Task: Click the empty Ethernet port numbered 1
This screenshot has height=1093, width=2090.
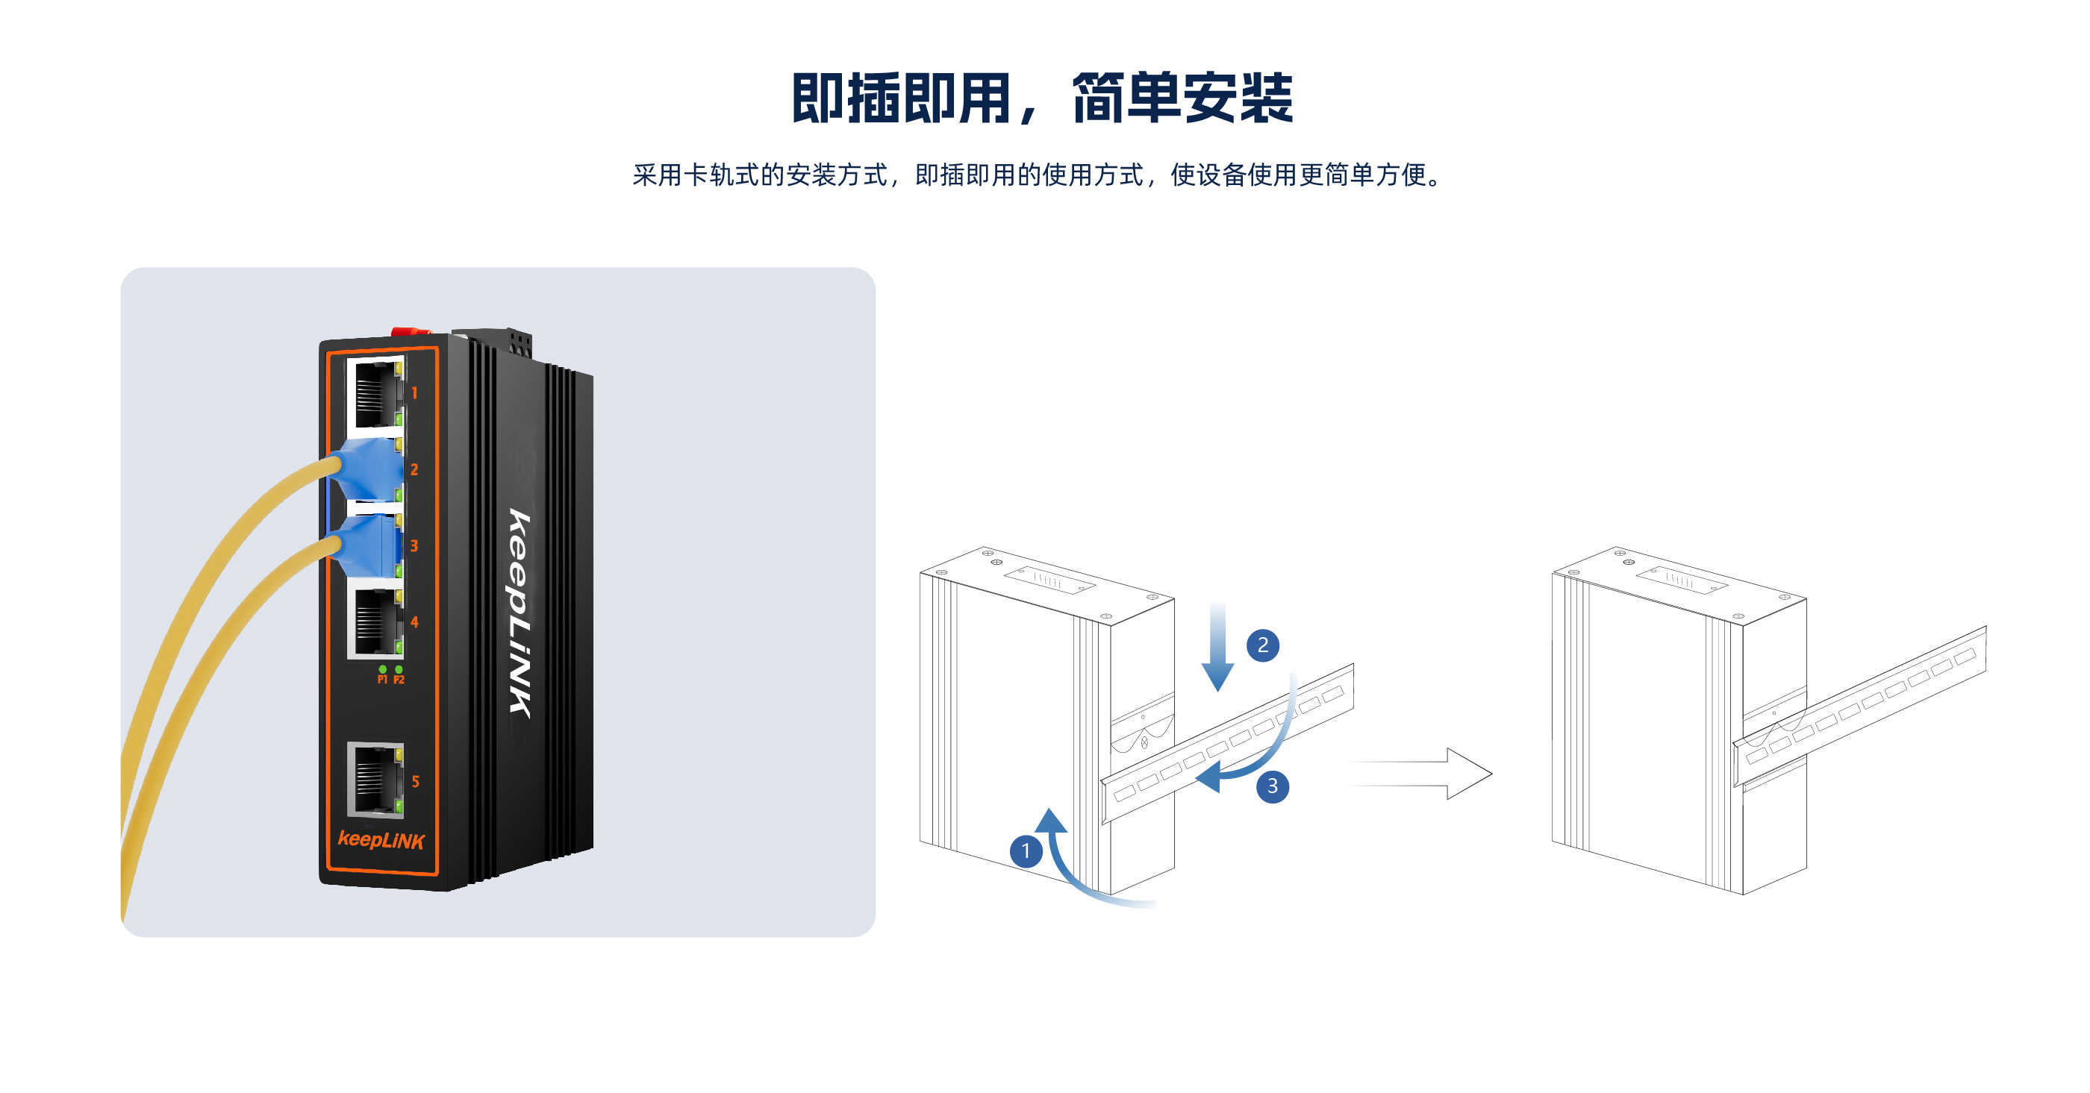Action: tap(375, 394)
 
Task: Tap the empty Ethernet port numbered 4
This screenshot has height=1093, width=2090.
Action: tap(375, 622)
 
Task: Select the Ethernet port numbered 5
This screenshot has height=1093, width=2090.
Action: tap(375, 779)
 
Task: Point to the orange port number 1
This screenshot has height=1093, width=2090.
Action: tap(414, 393)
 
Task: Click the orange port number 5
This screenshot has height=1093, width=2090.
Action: tap(416, 782)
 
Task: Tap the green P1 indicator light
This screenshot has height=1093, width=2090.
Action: tap(382, 670)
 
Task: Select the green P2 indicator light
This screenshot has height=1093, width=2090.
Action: tap(399, 670)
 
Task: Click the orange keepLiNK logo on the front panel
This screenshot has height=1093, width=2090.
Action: tap(381, 840)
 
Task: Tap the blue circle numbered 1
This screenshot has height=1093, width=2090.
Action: tap(1026, 851)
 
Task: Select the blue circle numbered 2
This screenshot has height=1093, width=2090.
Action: tap(1262, 645)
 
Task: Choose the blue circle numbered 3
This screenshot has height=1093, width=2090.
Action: tap(1272, 786)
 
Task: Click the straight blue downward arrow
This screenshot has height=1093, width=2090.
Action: tap(1217, 648)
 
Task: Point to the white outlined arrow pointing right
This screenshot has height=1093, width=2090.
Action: tap(1428, 774)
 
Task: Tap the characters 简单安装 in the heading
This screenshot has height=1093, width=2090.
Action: tap(1182, 99)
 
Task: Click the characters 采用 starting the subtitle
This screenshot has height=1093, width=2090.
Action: tap(657, 175)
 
